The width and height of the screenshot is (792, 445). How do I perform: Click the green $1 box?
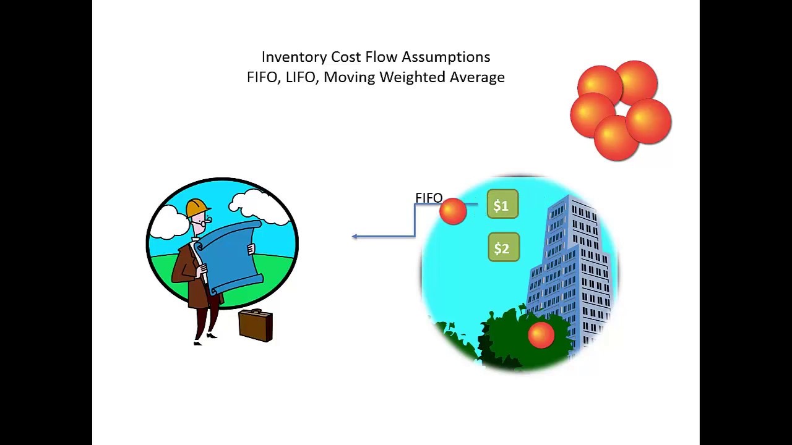(x=502, y=205)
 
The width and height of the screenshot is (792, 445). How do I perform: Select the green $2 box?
(x=503, y=248)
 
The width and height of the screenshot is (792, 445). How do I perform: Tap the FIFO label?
(x=428, y=198)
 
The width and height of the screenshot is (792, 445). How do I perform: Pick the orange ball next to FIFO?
(x=453, y=211)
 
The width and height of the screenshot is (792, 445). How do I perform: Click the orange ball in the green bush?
(x=541, y=334)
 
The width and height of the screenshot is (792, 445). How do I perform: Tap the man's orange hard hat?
(x=197, y=208)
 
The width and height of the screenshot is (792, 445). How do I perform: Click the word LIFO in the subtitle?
(x=301, y=77)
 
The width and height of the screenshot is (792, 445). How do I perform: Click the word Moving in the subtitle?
(x=349, y=77)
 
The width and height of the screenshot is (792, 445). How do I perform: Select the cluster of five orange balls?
(x=620, y=110)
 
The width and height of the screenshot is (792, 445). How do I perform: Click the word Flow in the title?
(x=381, y=57)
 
